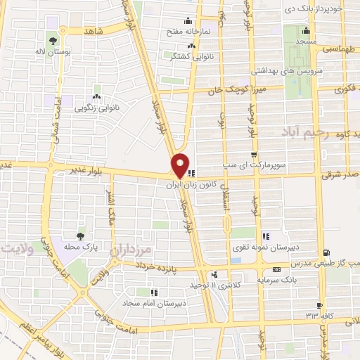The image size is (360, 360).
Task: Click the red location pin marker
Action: click(x=181, y=165)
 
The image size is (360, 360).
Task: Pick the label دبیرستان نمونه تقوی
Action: click(x=266, y=249)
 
